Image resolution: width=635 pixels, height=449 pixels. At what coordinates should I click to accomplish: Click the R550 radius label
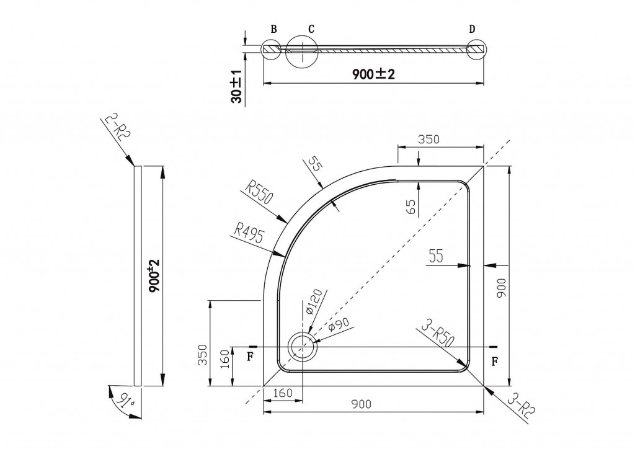click(260, 192)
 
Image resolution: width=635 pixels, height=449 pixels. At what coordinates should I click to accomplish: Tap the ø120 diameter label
click(314, 301)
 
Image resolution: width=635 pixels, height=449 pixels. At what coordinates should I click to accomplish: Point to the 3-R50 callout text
click(437, 333)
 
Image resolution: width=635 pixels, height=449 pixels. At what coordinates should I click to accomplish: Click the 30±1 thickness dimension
click(236, 86)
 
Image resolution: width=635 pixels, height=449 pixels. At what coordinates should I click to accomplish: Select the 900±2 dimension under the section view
click(373, 74)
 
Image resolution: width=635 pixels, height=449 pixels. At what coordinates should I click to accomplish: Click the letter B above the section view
click(273, 29)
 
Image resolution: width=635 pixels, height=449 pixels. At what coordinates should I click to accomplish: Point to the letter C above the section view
click(311, 29)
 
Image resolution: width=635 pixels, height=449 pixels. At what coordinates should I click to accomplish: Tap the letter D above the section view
click(472, 29)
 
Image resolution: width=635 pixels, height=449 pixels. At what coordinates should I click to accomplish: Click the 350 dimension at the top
click(429, 140)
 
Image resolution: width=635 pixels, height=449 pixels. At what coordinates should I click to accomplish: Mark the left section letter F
click(251, 356)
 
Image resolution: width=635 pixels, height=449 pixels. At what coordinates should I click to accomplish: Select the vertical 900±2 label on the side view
click(154, 276)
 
